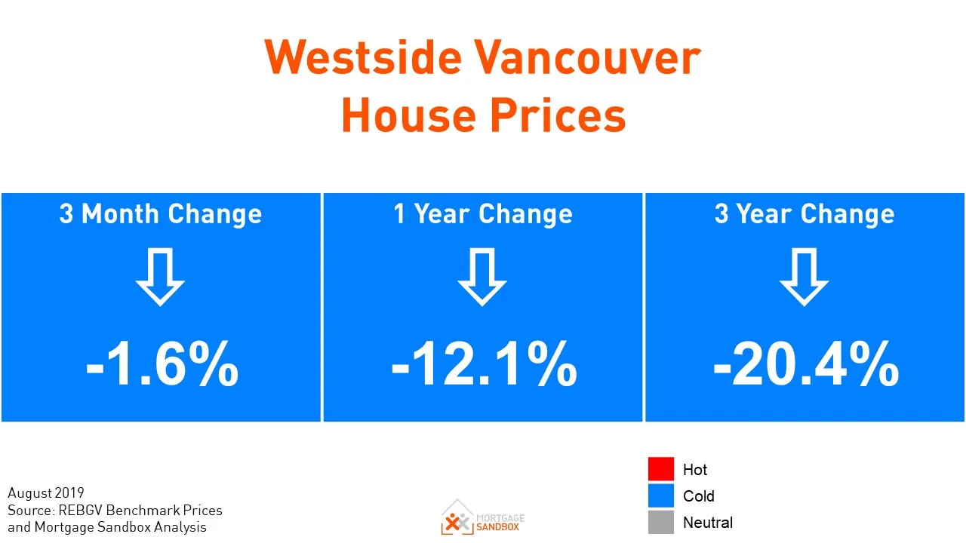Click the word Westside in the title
click(360, 57)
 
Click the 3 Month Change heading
click(161, 214)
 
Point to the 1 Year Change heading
click(483, 214)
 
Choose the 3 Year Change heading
click(804, 214)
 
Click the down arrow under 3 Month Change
click(160, 276)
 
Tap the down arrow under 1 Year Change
click(482, 276)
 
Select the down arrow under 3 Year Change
click(804, 276)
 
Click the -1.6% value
click(162, 365)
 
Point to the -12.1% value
click(484, 365)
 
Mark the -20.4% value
click(805, 365)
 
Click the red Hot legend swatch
click(660, 469)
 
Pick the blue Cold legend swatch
click(660, 495)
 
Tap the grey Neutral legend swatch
click(660, 522)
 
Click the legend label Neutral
click(708, 523)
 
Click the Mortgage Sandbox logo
click(483, 517)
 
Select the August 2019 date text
click(46, 493)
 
